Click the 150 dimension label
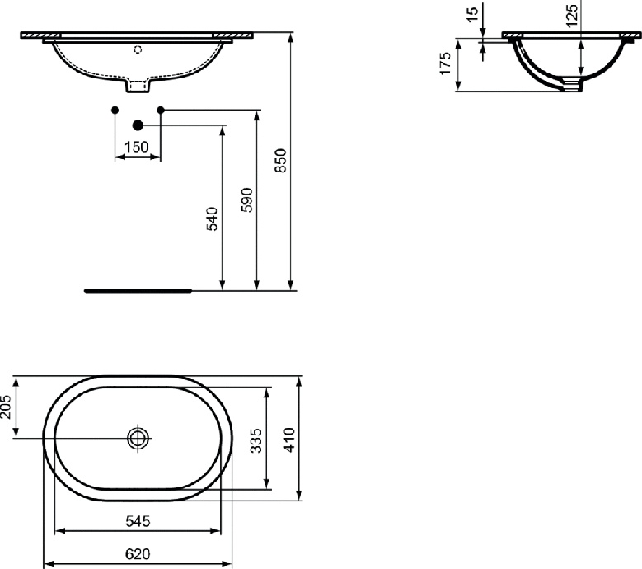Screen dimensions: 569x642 tap(137, 147)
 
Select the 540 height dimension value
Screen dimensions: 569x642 tap(212, 219)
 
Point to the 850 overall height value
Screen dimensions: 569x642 tap(280, 161)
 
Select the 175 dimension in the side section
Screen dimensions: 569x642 tap(445, 63)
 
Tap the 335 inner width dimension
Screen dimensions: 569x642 tap(256, 440)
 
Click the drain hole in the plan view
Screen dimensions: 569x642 tap(138, 438)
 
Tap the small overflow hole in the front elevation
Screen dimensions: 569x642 tap(138, 49)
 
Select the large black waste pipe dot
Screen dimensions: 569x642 tap(138, 125)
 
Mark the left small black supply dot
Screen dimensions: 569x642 tap(115, 110)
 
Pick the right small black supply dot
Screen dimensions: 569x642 tap(161, 110)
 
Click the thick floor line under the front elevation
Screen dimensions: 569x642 tap(138, 290)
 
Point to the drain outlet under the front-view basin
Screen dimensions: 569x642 tap(138, 84)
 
